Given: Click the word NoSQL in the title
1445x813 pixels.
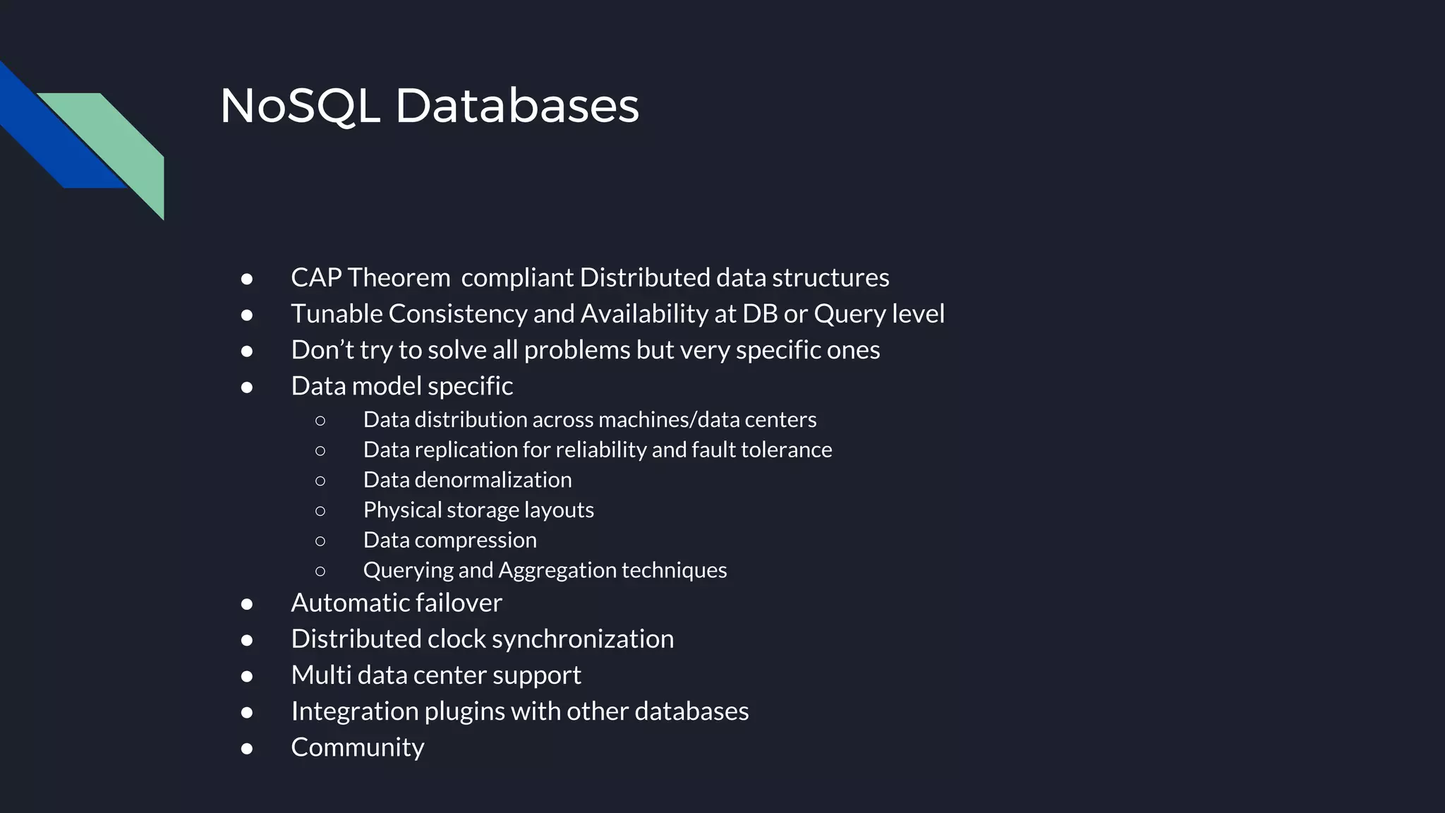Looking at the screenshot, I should click(x=300, y=106).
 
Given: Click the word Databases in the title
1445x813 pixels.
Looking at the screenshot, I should click(x=516, y=106).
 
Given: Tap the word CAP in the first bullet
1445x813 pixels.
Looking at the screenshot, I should click(x=316, y=277).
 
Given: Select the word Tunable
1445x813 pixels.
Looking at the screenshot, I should click(x=337, y=313).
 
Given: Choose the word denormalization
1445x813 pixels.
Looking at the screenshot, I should click(x=493, y=480).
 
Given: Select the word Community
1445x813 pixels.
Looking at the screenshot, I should click(x=358, y=747).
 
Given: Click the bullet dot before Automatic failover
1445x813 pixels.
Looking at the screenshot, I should click(x=247, y=604).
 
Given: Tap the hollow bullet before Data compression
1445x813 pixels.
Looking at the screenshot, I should click(x=320, y=541).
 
